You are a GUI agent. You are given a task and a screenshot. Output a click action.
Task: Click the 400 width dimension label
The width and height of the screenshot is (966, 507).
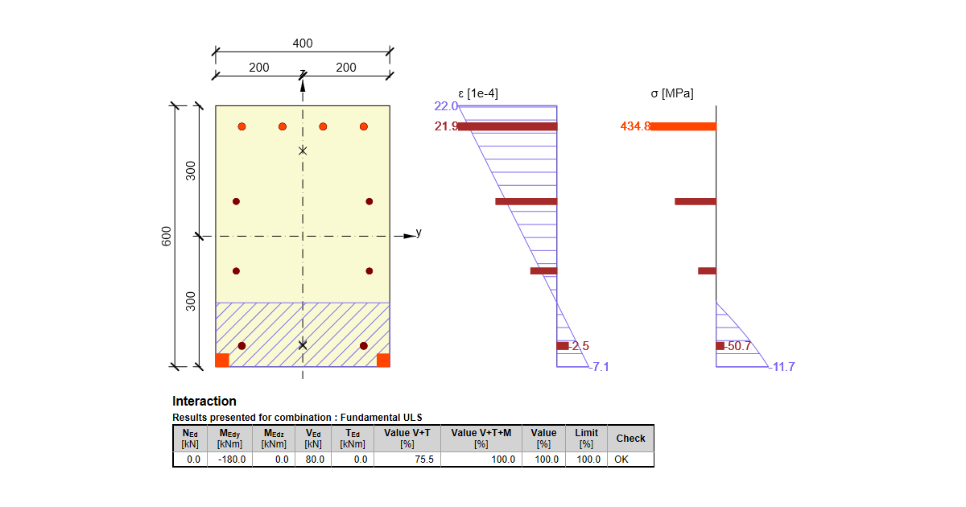click(x=303, y=43)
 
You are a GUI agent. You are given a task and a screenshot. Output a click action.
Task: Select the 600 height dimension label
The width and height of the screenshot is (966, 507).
click(x=166, y=237)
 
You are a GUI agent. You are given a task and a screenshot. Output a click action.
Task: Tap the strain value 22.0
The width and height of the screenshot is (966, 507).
click(x=446, y=106)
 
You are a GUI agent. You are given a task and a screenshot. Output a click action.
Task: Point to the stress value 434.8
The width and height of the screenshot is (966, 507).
click(x=635, y=126)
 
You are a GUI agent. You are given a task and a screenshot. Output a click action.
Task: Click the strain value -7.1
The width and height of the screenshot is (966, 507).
click(x=599, y=367)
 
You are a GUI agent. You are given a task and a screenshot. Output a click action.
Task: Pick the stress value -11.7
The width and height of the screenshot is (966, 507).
click(x=782, y=367)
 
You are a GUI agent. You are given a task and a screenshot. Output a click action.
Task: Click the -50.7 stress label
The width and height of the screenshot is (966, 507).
click(x=738, y=346)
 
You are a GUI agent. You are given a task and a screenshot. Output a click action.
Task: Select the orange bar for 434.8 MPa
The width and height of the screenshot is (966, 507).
click(x=683, y=126)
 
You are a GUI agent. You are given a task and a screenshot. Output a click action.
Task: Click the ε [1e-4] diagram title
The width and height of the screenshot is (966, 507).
click(x=478, y=93)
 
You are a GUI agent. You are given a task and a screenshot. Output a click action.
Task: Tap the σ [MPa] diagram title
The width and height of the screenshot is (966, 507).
click(x=672, y=93)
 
